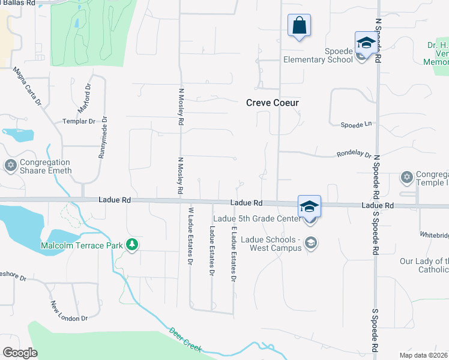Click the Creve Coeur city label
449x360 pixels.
click(x=273, y=103)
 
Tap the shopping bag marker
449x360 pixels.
click(x=299, y=26)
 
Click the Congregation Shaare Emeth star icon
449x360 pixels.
click(x=10, y=164)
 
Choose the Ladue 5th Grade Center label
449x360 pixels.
click(x=256, y=218)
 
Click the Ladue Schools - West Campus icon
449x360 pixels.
click(x=310, y=242)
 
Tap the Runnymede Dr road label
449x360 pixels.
click(x=103, y=137)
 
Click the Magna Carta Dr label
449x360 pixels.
click(x=28, y=86)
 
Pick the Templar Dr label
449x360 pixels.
click(x=79, y=121)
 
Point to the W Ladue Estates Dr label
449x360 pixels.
click(x=190, y=236)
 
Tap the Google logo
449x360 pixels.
click(x=20, y=353)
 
